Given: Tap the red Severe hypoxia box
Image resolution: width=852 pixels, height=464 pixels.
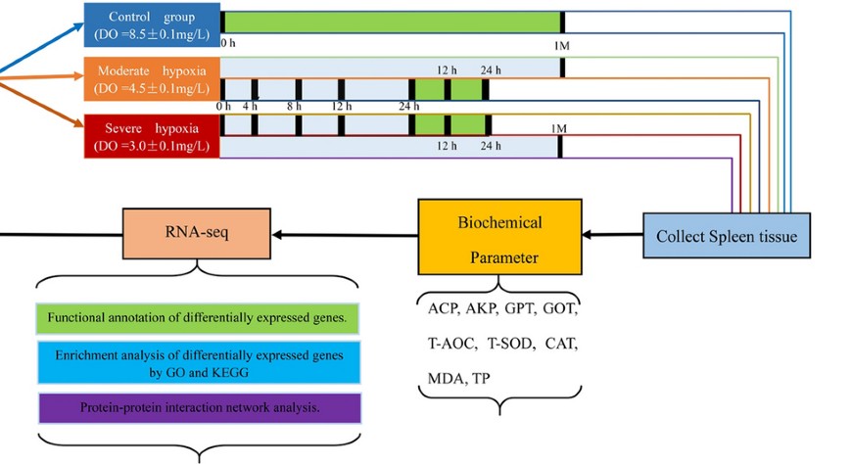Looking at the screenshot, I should pos(151,136).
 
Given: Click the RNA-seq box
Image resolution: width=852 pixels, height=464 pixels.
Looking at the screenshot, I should pos(197,235).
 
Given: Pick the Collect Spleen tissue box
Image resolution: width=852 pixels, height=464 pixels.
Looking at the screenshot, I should pos(727,236).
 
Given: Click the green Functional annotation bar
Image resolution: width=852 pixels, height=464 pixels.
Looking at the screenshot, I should pos(198,318).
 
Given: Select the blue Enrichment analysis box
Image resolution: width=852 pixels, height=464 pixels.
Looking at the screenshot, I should pos(198,362).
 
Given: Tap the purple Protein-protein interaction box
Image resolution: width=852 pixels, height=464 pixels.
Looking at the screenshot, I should pos(198,407).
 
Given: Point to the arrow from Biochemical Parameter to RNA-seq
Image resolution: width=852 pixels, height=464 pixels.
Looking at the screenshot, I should pos(344,235).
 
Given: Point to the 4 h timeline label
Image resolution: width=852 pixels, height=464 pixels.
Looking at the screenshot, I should pos(250,106).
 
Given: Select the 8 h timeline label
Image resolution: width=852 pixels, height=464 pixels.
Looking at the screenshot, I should pos(294,106).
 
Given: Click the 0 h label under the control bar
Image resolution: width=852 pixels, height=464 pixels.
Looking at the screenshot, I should pos(227,44).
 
